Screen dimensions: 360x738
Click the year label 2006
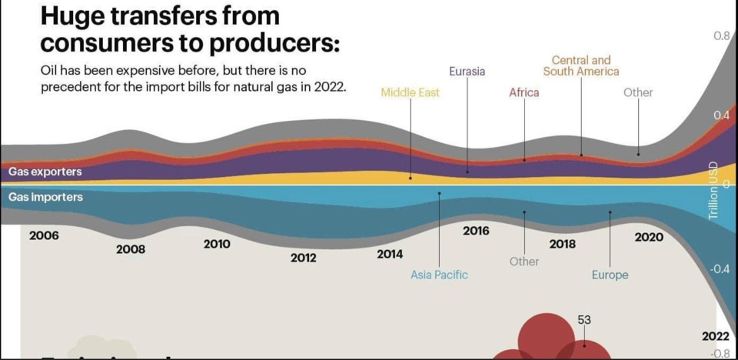tap(44, 236)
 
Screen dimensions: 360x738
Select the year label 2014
tap(390, 255)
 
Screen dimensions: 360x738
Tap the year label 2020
tap(649, 237)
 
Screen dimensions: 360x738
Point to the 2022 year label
tap(715, 337)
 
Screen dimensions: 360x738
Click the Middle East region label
tap(410, 93)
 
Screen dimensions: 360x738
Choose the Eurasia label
tap(467, 71)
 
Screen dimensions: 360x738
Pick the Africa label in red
tap(524, 93)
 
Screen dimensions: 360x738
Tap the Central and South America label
tap(581, 66)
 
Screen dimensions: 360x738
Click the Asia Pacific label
tap(439, 275)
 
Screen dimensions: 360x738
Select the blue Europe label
tap(610, 275)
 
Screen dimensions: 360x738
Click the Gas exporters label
tap(45, 171)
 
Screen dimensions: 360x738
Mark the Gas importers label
tap(45, 197)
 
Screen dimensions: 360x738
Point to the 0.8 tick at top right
tap(722, 36)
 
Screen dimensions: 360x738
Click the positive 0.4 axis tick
tap(722, 115)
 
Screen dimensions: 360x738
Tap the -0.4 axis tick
tap(720, 269)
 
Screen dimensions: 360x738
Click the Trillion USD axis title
tap(713, 191)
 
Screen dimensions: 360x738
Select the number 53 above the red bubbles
tap(584, 320)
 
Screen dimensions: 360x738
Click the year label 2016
tap(476, 231)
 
